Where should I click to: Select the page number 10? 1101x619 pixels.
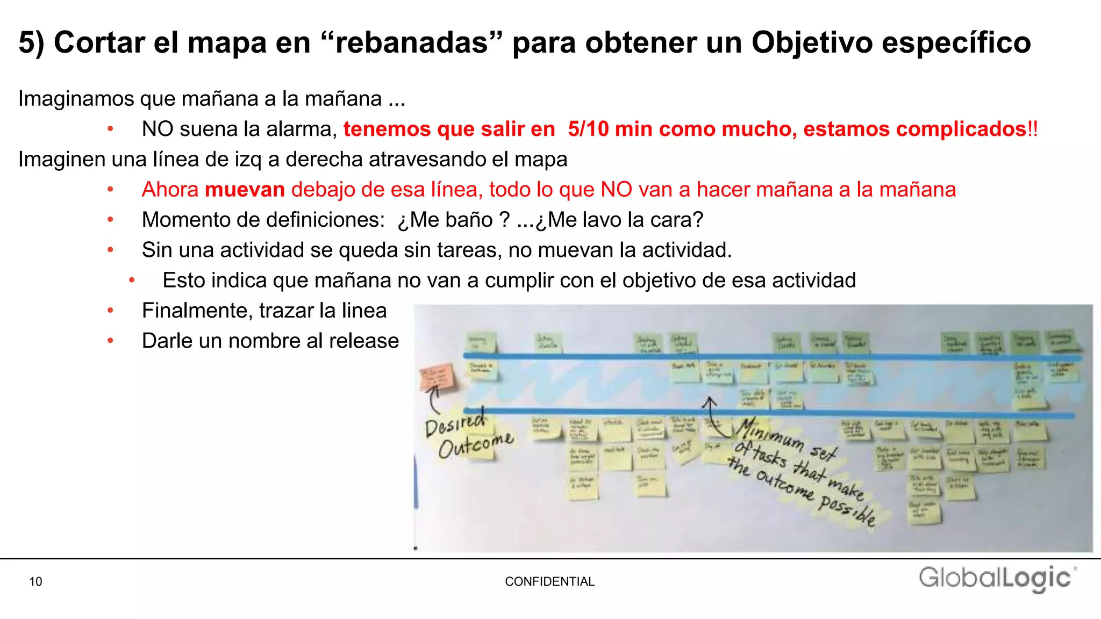pyautogui.click(x=35, y=581)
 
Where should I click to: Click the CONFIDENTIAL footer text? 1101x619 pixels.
pyautogui.click(x=549, y=581)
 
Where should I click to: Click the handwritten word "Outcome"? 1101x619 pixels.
pyautogui.click(x=475, y=445)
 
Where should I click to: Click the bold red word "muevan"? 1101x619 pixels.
pyautogui.click(x=245, y=190)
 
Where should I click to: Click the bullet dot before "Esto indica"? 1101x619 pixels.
pyautogui.click(x=132, y=280)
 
